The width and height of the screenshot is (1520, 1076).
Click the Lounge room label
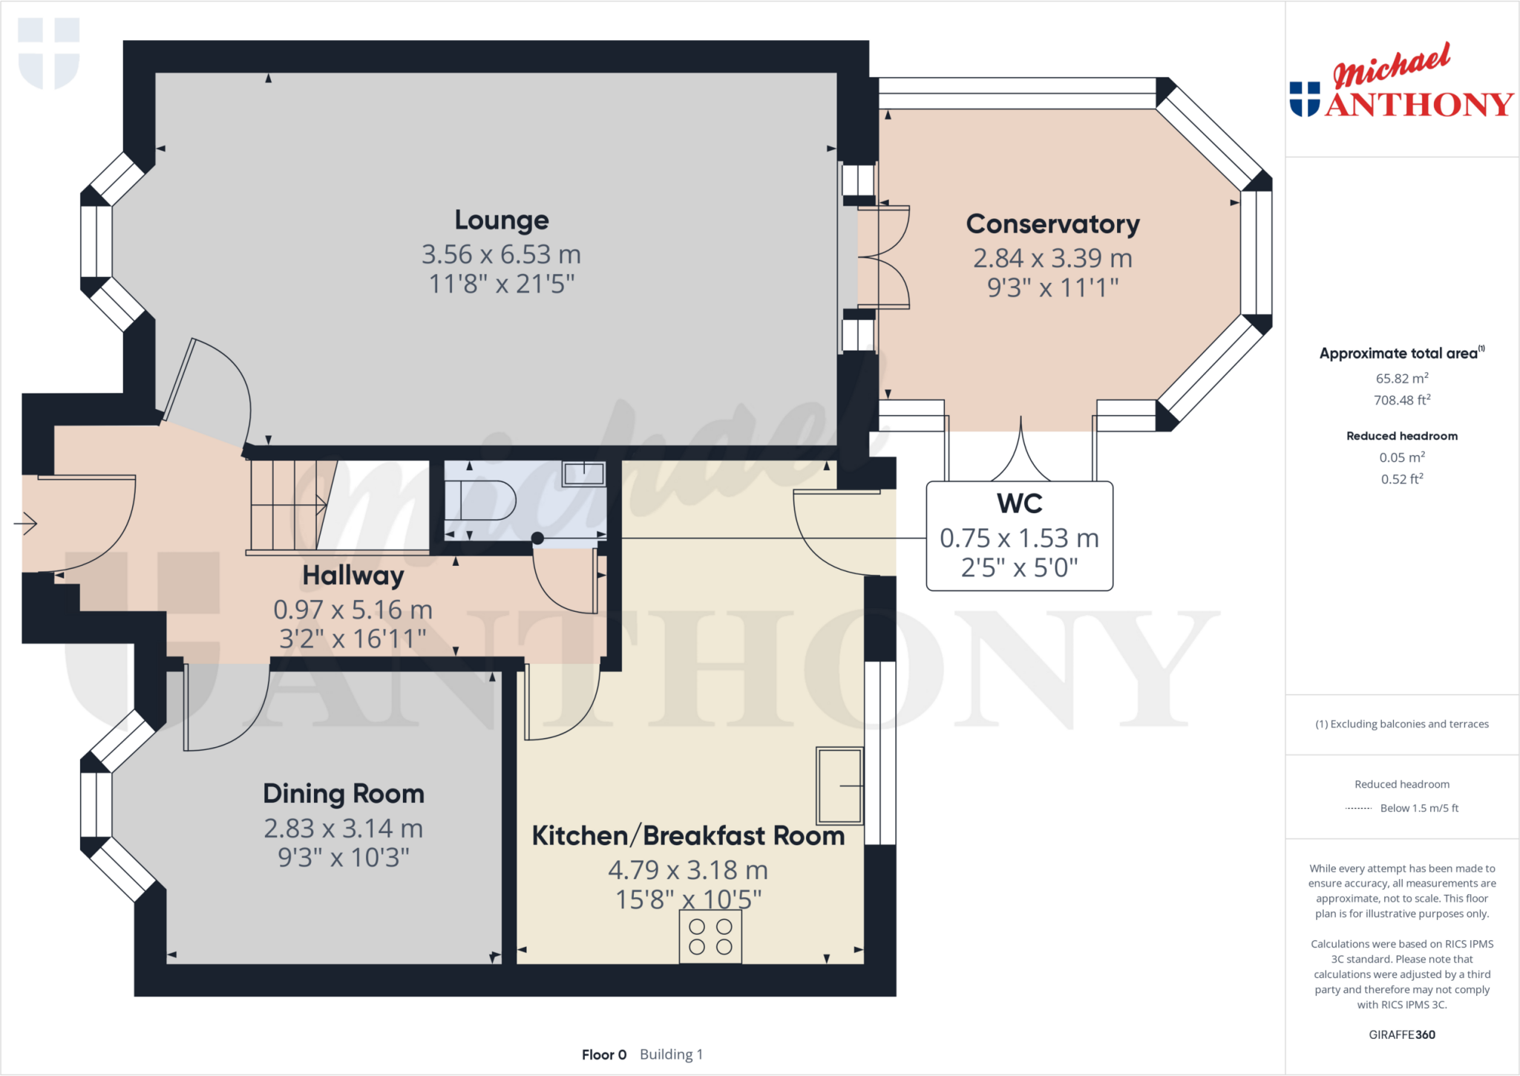click(x=502, y=221)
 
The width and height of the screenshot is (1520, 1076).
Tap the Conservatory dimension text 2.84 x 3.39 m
click(x=1052, y=258)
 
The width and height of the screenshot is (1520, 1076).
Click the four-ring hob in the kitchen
click(x=710, y=937)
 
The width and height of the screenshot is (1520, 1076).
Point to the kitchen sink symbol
click(x=839, y=786)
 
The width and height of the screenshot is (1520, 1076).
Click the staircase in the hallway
click(x=286, y=505)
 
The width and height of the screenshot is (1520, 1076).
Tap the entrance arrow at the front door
click(x=26, y=524)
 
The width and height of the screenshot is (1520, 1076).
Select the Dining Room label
click(x=344, y=794)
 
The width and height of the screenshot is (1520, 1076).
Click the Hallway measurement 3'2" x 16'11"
click(x=353, y=639)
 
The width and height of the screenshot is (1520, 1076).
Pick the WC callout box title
click(x=1019, y=503)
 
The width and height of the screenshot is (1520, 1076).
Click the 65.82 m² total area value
click(x=1401, y=378)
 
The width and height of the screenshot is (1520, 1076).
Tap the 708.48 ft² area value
click(x=1401, y=400)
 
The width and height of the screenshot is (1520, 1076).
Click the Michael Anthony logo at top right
click(x=1401, y=83)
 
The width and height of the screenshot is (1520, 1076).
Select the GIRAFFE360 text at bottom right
click(x=1401, y=1034)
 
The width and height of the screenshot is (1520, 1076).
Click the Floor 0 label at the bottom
click(x=603, y=1054)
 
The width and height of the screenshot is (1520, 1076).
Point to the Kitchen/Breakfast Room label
click(x=688, y=836)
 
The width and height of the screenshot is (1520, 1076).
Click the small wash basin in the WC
click(x=583, y=474)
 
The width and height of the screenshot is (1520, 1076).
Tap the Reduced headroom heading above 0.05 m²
click(x=1401, y=436)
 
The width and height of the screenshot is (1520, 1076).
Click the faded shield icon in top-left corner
click(x=49, y=52)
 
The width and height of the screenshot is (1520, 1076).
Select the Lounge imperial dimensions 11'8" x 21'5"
click(x=502, y=284)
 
